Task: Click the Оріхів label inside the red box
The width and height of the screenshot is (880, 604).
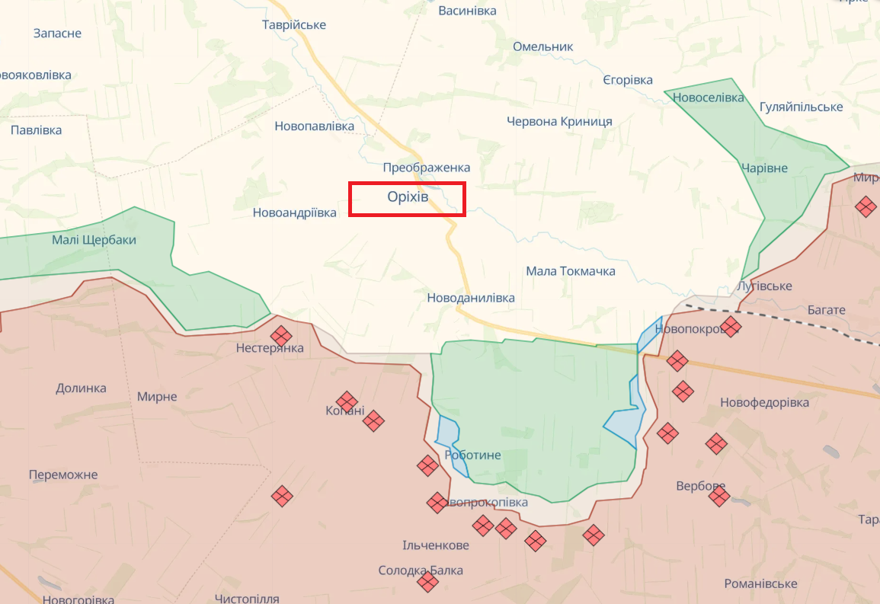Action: point(408,197)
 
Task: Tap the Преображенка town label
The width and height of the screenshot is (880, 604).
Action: point(427,168)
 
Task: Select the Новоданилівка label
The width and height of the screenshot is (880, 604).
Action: point(471,298)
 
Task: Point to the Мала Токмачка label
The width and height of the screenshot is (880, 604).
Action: point(571,271)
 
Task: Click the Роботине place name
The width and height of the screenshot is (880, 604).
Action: point(474,455)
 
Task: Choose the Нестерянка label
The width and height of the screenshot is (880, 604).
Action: point(270,348)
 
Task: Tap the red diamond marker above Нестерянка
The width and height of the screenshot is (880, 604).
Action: point(281,335)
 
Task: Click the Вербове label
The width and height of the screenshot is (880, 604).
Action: point(701,486)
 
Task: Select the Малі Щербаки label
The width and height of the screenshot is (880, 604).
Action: point(94,240)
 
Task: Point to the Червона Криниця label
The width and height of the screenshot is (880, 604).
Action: point(560,121)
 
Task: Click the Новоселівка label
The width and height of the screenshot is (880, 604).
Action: point(709,97)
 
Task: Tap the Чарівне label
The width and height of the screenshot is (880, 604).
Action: point(764,168)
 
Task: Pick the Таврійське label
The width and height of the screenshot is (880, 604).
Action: point(294,24)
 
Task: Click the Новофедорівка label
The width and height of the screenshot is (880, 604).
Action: point(765,402)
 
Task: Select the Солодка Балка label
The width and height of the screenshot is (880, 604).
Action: point(421,570)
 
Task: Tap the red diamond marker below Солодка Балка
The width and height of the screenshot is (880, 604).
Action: point(428,583)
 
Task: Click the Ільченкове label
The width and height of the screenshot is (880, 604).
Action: point(436,545)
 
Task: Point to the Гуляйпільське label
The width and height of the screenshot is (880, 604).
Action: point(802,107)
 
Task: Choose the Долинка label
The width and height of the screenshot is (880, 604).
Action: point(81,388)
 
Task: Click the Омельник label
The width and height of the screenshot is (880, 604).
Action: point(543,46)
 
